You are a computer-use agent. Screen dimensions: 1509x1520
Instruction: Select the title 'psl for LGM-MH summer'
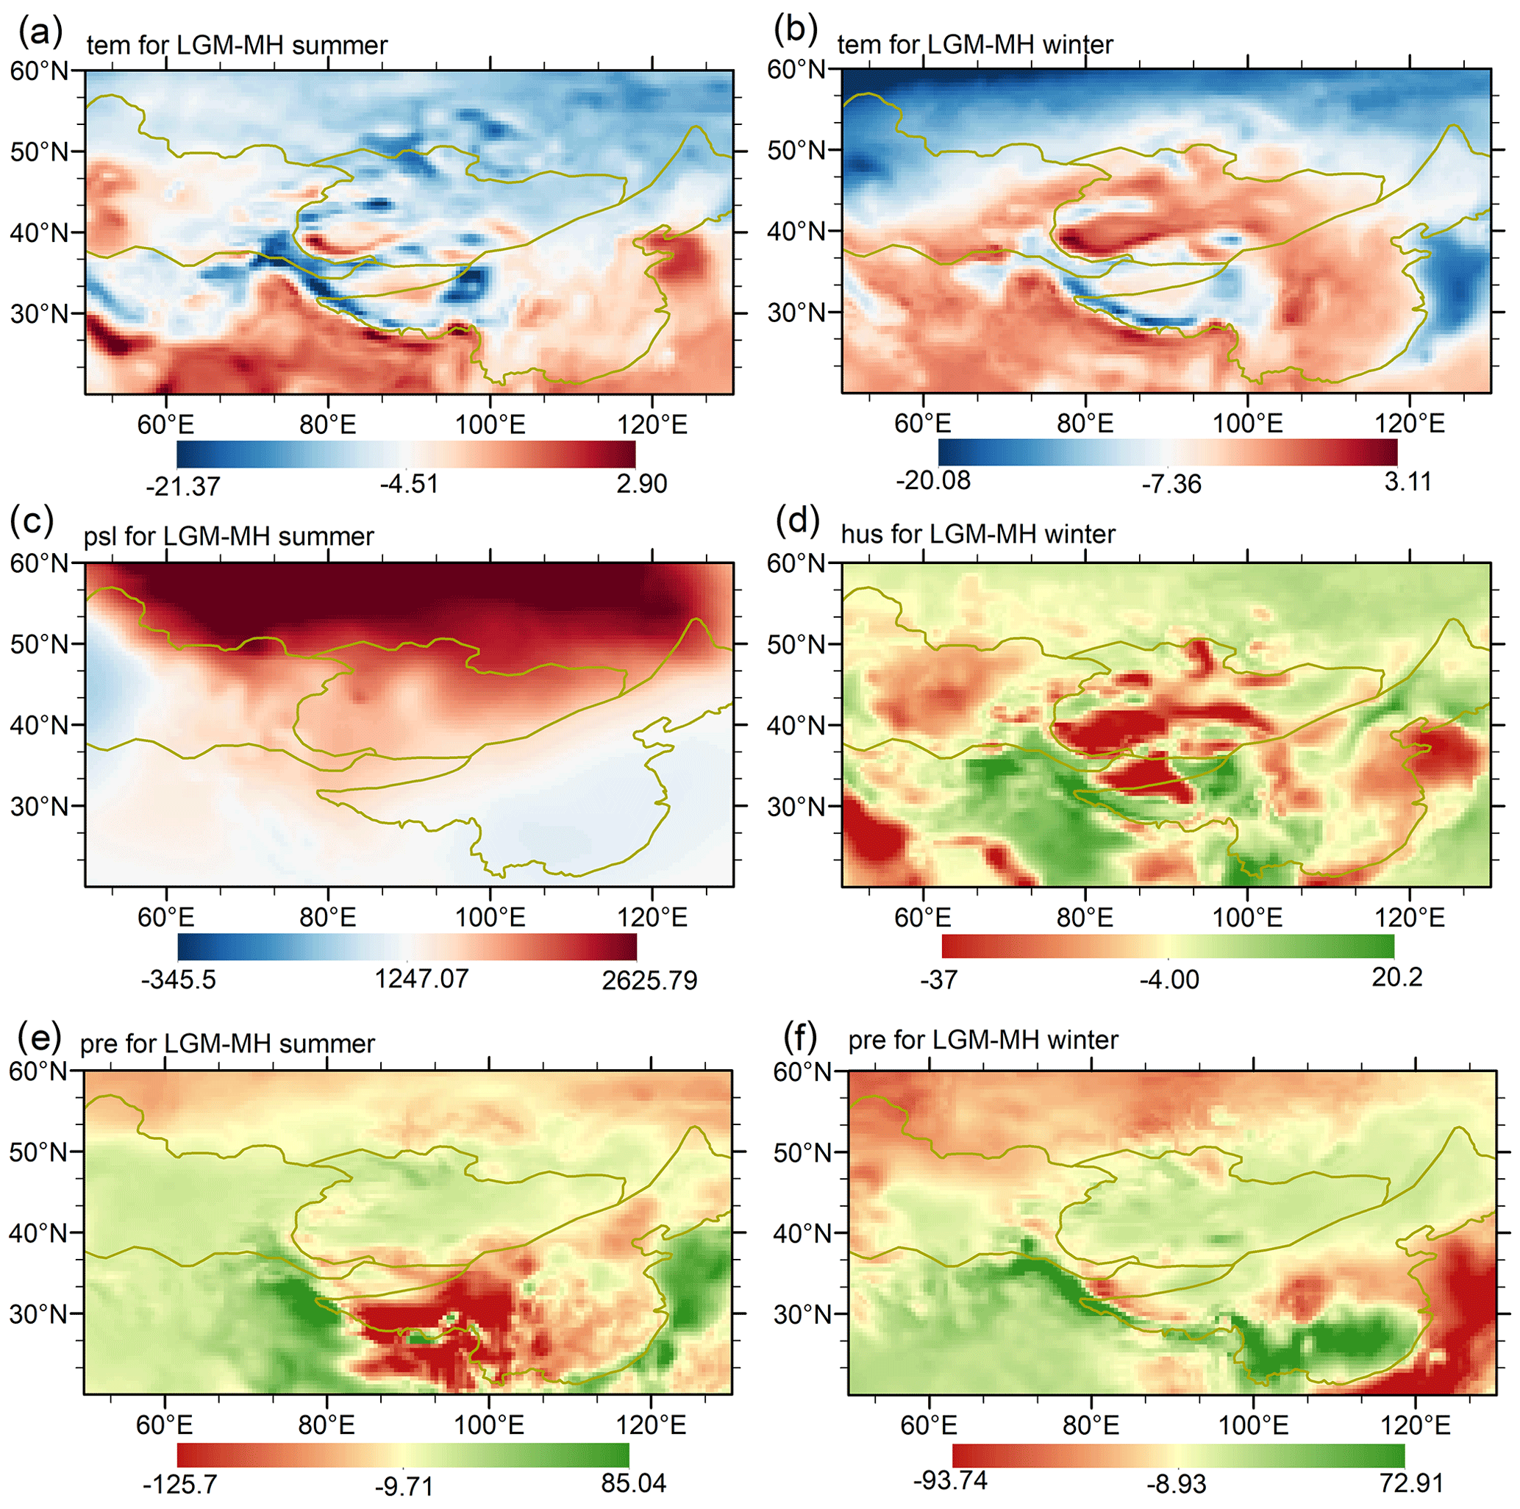(228, 537)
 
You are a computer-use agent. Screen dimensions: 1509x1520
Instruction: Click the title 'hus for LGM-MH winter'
(978, 534)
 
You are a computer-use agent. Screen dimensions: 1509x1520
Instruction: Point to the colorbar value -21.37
(182, 486)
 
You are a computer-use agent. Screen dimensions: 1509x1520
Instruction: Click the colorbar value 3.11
(1407, 481)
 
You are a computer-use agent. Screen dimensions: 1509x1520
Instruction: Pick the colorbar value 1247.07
(421, 979)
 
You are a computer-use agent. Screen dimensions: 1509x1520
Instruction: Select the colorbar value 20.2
(1396, 977)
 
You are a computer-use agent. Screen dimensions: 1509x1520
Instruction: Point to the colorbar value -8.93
(1175, 1484)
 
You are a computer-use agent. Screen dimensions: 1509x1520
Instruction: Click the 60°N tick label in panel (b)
(796, 69)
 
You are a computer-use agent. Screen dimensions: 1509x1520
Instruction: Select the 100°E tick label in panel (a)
(490, 425)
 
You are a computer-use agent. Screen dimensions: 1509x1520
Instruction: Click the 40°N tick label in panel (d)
(796, 725)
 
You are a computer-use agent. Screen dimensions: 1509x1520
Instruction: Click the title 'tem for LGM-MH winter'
(975, 44)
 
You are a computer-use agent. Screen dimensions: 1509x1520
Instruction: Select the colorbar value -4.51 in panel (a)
(409, 483)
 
